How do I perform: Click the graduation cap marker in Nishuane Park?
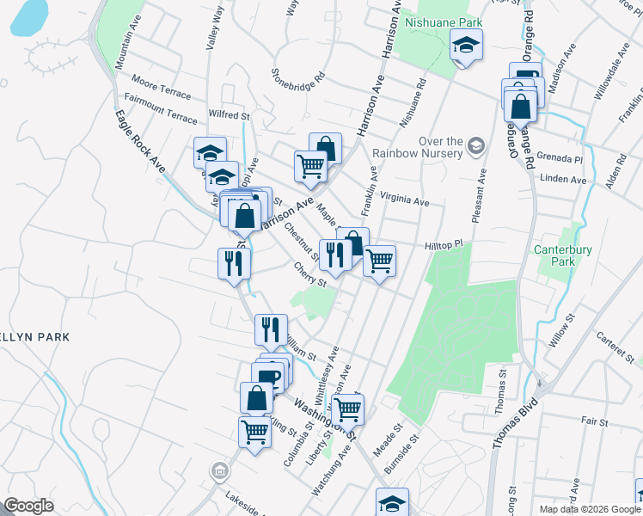pyautogui.click(x=467, y=47)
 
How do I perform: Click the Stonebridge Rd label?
pyautogui.click(x=298, y=76)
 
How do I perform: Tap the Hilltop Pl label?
pyautogui.click(x=444, y=245)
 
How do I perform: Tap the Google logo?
pyautogui.click(x=29, y=506)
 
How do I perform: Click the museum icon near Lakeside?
pyautogui.click(x=220, y=471)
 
